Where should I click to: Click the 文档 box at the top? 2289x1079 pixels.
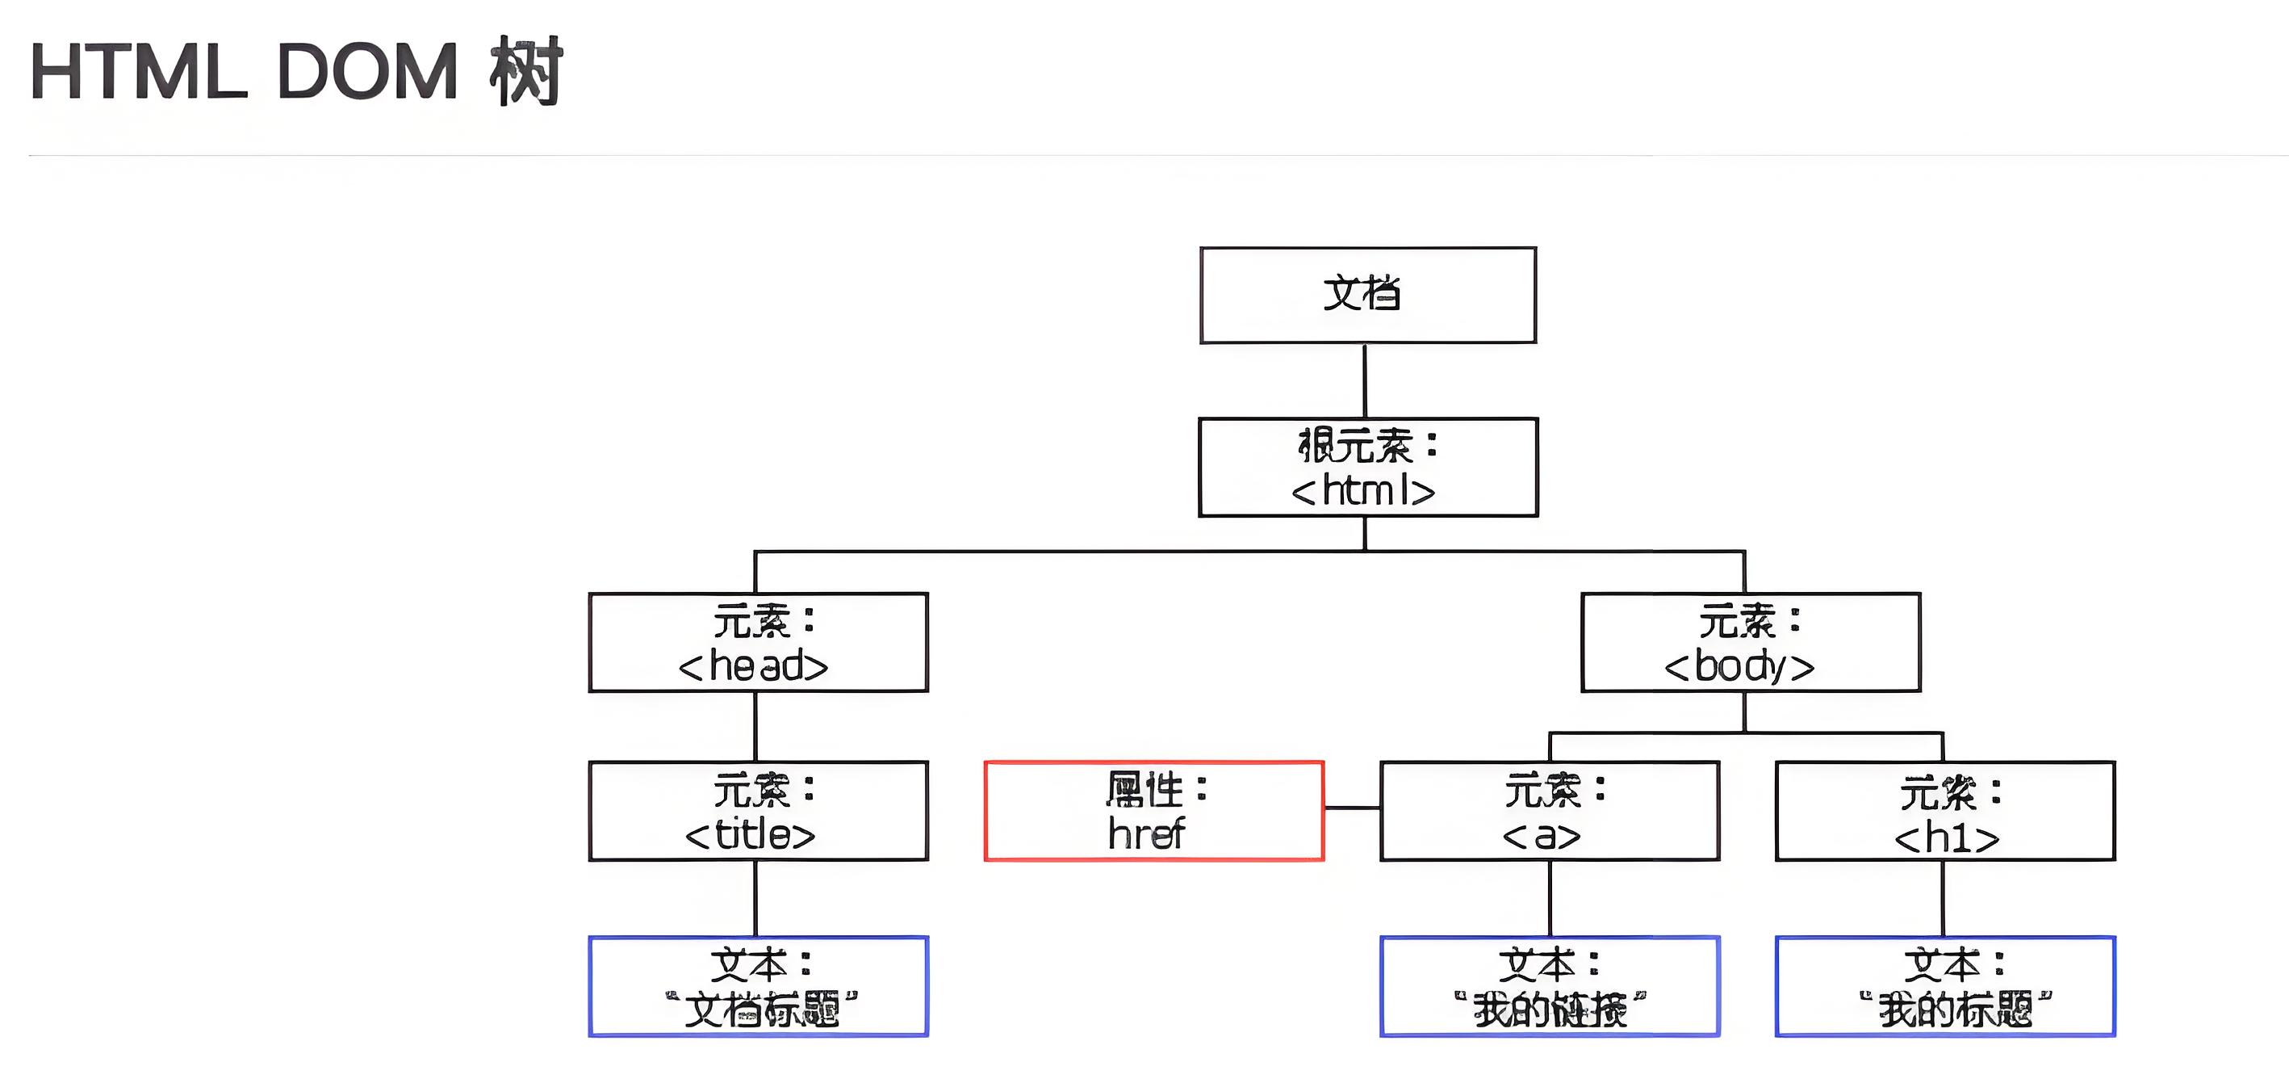(1367, 295)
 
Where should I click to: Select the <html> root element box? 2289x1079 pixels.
(1367, 468)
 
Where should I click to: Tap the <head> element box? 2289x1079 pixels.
(758, 643)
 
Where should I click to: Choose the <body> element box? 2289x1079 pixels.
(1751, 643)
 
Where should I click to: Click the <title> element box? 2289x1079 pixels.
(758, 811)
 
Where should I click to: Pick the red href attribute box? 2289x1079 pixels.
(1154, 811)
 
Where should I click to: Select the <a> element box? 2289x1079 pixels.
(1550, 811)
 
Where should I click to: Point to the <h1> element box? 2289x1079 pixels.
(1945, 811)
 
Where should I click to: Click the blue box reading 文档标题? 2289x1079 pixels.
(758, 987)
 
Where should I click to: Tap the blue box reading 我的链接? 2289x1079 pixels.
(1550, 987)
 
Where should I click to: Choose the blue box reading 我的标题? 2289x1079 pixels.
(1945, 987)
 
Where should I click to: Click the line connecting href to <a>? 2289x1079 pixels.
(1352, 808)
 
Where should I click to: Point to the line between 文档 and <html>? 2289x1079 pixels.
(1365, 380)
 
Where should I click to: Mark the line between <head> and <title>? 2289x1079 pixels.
(755, 726)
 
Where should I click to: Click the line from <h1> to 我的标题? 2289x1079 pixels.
(1944, 899)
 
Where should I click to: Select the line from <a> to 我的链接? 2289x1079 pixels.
(1550, 899)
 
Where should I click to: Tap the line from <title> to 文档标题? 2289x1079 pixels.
(755, 899)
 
